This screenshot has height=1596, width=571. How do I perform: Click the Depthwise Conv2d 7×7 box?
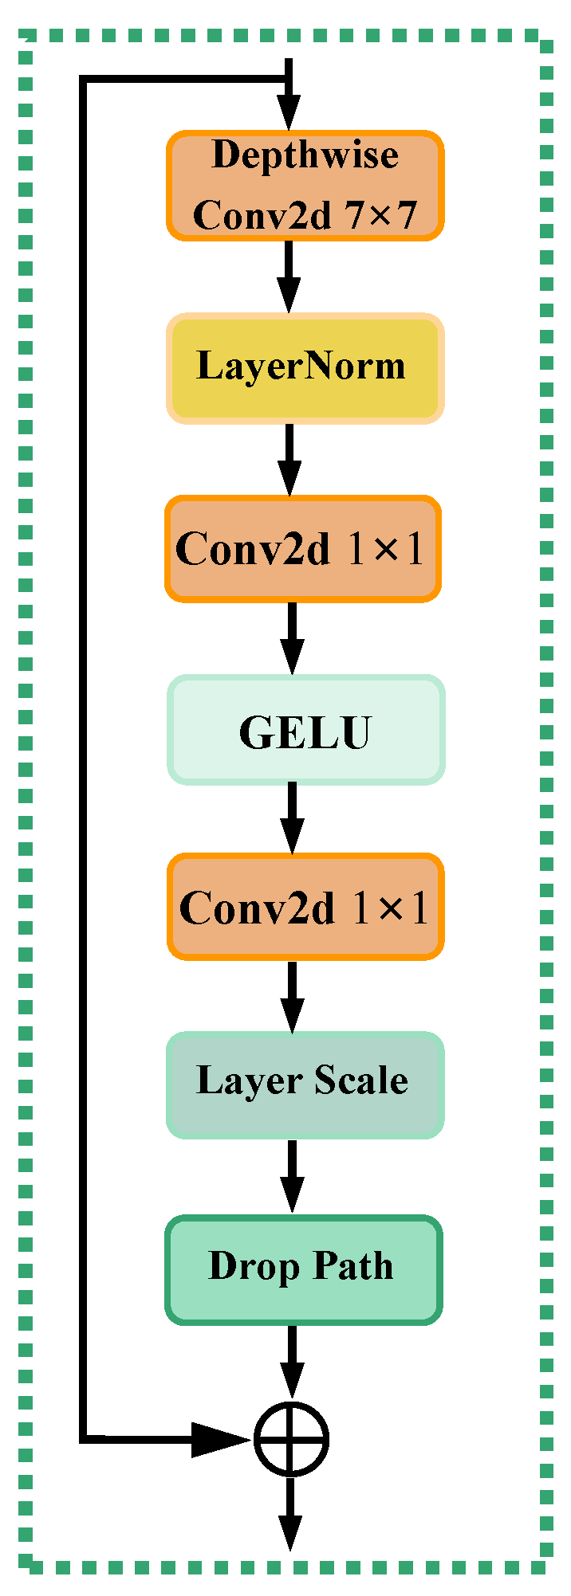pos(305,186)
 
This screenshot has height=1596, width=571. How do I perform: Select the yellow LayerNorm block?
pos(305,367)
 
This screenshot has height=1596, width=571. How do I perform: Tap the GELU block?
pos(305,730)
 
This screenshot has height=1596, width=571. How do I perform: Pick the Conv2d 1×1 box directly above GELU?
pos(303,549)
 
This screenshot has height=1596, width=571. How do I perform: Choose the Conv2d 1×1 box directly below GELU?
pos(305,907)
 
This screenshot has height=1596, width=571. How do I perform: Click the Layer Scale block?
pos(305,1084)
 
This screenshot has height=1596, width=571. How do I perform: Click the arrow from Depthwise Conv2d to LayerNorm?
pos(289,276)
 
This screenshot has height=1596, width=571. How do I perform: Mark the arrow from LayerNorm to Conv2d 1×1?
pos(289,459)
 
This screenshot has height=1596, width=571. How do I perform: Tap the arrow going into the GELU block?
pos(292,637)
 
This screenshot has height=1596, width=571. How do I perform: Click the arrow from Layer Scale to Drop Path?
pos(292,1176)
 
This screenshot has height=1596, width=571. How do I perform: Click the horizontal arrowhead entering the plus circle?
pos(220,1439)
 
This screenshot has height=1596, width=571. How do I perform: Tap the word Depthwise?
pos(305,155)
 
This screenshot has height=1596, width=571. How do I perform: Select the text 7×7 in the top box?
pos(381,215)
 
